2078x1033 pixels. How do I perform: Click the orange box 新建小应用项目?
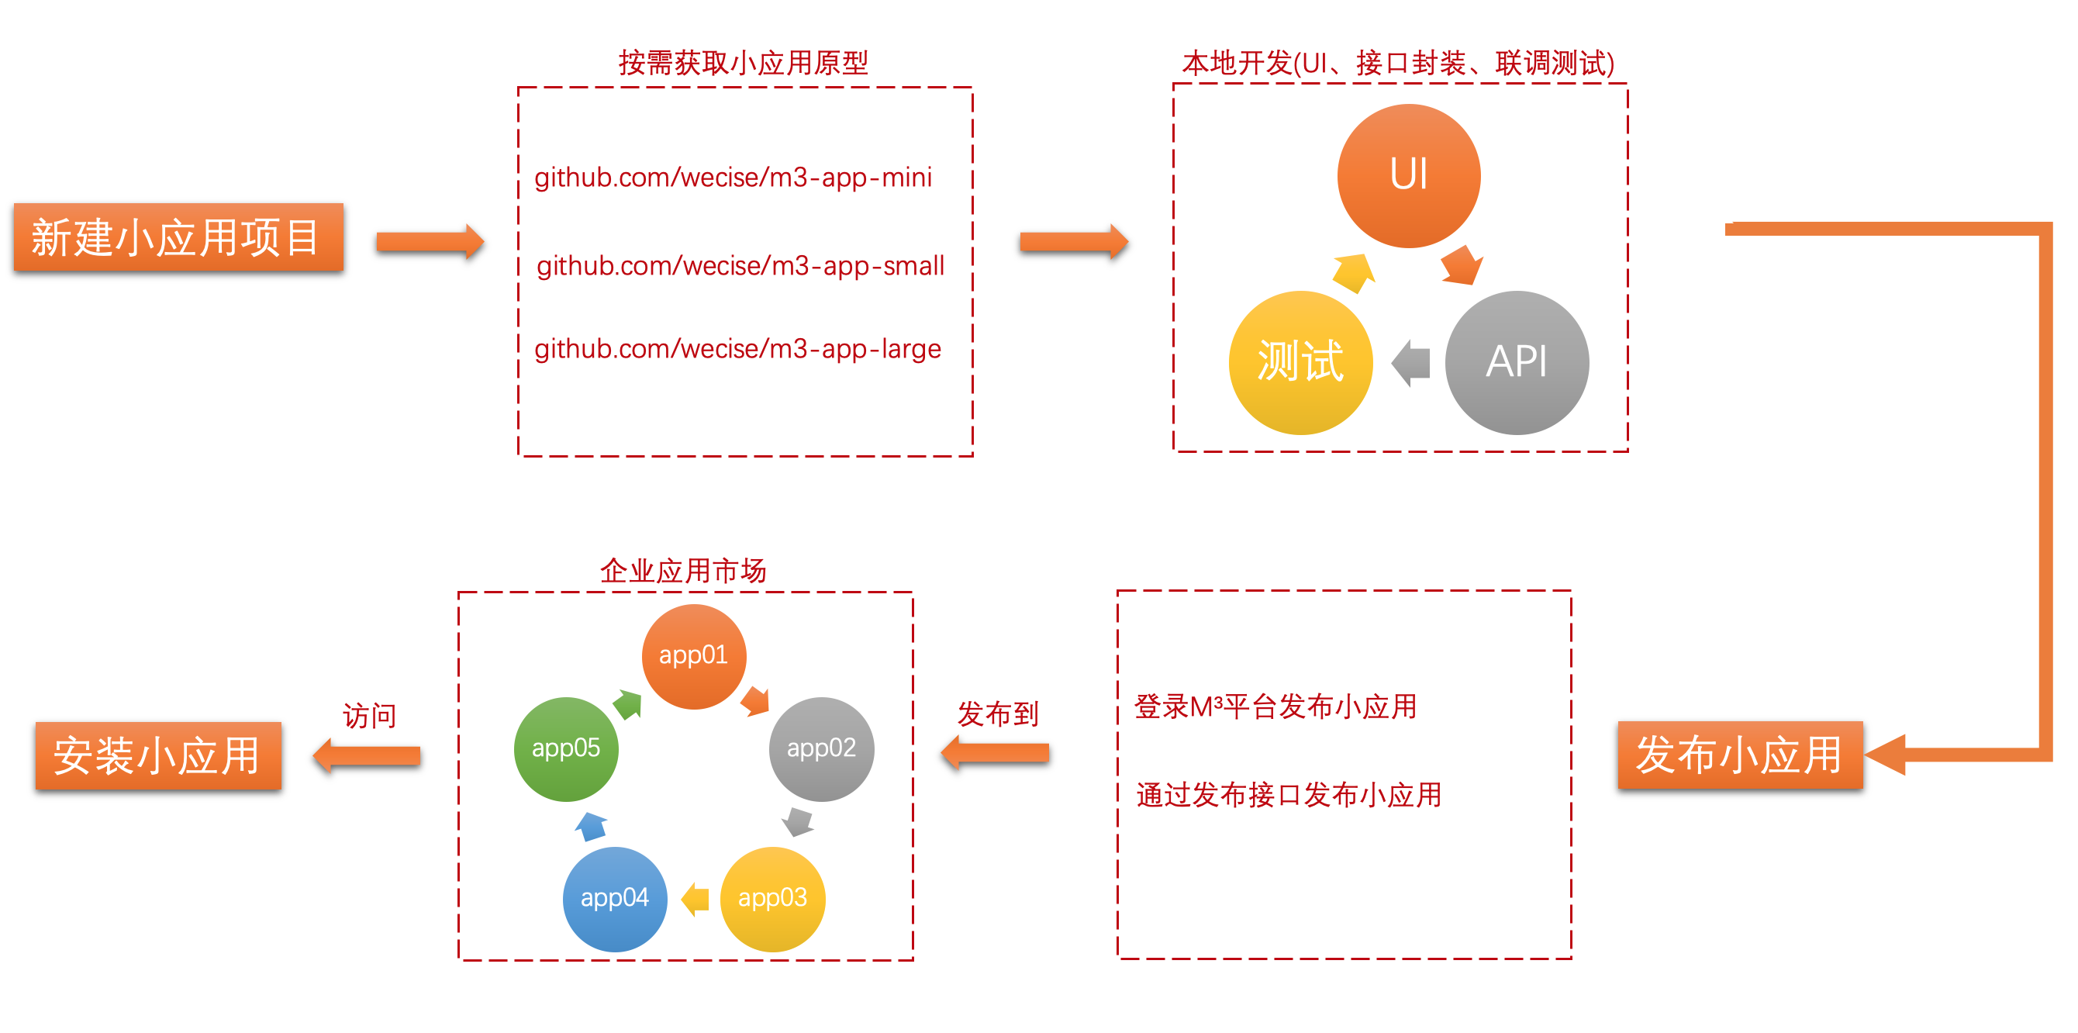point(178,237)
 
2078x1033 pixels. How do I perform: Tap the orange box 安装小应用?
point(158,755)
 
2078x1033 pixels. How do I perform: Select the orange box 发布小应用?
point(1740,755)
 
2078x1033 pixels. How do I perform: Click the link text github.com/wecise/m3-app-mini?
point(733,178)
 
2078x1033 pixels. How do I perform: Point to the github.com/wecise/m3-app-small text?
point(740,265)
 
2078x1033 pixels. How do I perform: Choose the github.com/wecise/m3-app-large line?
point(737,349)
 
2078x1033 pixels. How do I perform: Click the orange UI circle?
point(1408,175)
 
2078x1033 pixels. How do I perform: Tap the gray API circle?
point(1517,362)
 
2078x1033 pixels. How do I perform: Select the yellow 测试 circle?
point(1300,362)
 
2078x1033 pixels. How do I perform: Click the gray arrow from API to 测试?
point(1411,363)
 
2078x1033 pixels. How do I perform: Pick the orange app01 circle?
point(694,656)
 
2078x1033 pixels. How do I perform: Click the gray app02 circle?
point(821,749)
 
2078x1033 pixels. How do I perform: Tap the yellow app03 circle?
point(772,898)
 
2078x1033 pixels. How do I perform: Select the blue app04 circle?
point(615,898)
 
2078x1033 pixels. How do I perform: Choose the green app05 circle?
point(565,749)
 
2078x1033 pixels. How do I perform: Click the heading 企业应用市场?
point(682,571)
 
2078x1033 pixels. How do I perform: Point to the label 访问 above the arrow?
point(369,715)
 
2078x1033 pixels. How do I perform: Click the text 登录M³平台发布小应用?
point(1275,707)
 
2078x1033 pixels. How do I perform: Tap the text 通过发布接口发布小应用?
point(1288,795)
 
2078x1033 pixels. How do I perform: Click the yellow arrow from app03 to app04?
point(696,898)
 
